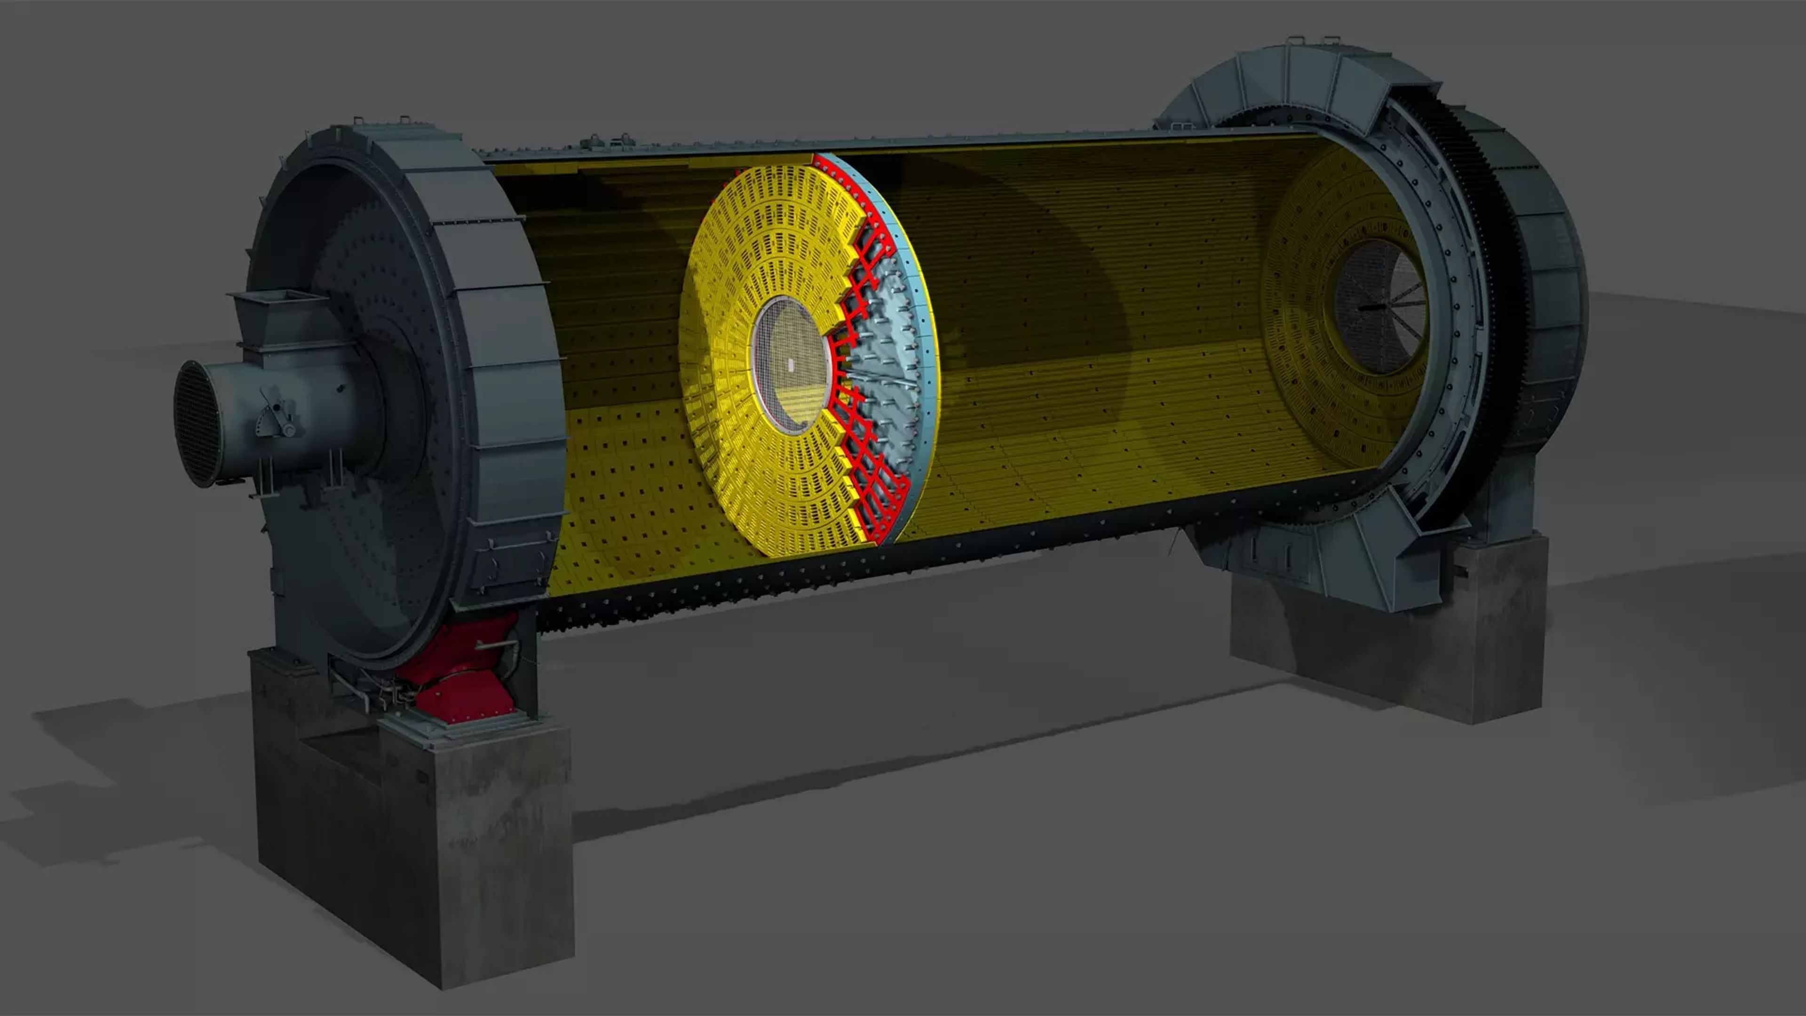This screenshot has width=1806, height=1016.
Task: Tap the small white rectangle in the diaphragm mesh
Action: [790, 365]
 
